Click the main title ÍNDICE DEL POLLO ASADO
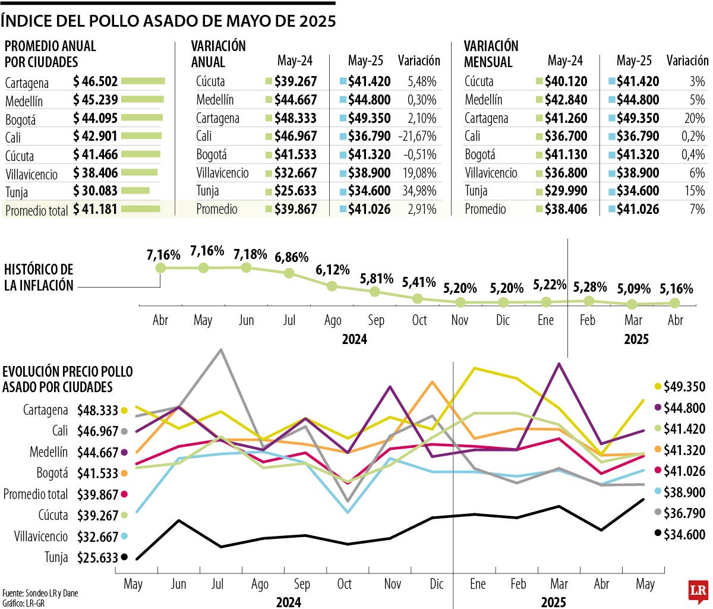click(x=168, y=21)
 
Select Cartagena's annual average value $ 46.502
click(x=95, y=81)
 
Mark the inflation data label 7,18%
click(x=250, y=254)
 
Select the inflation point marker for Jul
click(x=289, y=273)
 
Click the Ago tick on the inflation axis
click(x=333, y=320)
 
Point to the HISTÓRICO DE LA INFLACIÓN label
click(x=39, y=277)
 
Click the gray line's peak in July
click(x=221, y=349)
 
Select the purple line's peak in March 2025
click(x=559, y=364)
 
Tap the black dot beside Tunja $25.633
click(x=124, y=557)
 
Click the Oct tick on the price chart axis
click(x=345, y=584)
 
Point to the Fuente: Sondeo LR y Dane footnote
click(x=40, y=593)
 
